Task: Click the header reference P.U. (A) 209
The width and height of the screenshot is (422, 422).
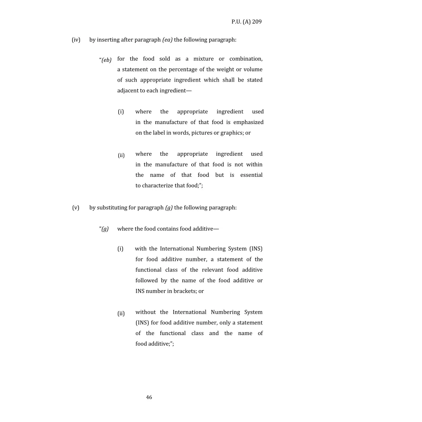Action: [246, 22]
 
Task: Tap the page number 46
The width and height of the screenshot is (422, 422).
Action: [149, 397]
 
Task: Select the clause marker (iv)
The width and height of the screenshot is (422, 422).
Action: [76, 40]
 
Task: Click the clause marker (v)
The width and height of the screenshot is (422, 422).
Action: [76, 208]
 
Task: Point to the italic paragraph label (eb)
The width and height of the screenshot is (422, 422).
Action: [106, 60]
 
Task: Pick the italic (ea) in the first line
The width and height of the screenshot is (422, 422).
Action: [167, 40]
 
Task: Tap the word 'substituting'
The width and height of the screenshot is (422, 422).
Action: [112, 208]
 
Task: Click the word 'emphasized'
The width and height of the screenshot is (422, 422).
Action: [249, 122]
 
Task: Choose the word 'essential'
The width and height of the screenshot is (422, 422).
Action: [251, 175]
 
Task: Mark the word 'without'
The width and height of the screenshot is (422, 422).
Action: [145, 312]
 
